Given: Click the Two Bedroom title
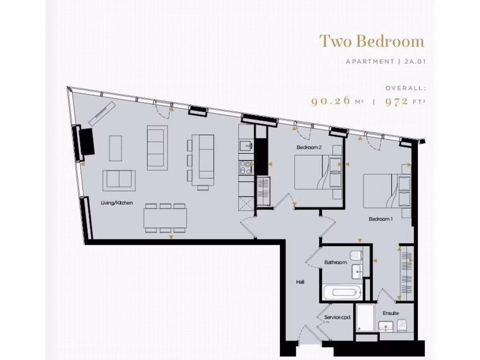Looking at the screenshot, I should coord(372,41).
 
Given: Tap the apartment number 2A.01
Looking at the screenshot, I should coord(412,61).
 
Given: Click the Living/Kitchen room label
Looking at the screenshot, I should coord(117,203).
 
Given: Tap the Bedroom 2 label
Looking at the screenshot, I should coord(309,147).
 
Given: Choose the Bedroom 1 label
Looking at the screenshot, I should coord(381,219).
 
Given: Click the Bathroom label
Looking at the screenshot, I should coord(336,262).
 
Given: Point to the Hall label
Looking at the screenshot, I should coord(300,282).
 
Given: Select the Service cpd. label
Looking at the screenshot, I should coord(337,318).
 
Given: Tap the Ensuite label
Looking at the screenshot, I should coord(390,313).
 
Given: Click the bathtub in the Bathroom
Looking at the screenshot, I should coord(342,293).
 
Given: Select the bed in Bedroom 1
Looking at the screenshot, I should coord(382,191).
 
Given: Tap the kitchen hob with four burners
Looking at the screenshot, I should coord(246,167).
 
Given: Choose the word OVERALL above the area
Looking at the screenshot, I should coord(405,88).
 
